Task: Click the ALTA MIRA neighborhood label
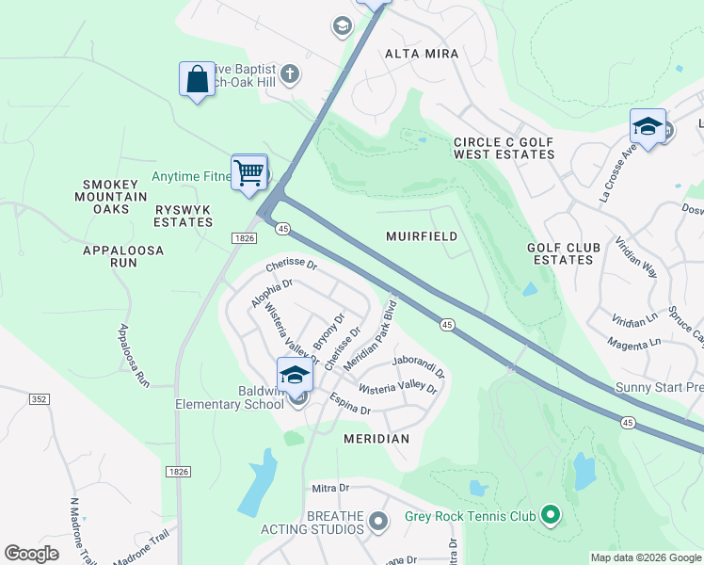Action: tap(422, 54)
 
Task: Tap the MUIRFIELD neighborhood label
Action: tap(422, 236)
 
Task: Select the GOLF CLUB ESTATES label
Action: tap(563, 253)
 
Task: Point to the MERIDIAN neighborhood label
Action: tap(376, 439)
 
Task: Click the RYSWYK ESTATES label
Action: tap(184, 216)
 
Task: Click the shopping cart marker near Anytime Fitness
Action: tap(249, 172)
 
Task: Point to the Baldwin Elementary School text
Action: tap(229, 396)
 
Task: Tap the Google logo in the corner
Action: tap(31, 554)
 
